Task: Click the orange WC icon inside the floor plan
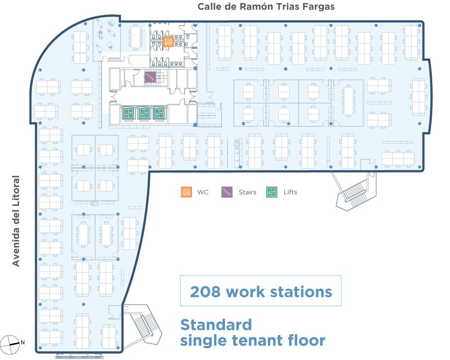point(168,41)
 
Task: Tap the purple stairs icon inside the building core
point(150,77)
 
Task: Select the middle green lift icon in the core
point(143,113)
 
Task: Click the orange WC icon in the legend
point(187,192)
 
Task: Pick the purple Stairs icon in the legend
point(227,192)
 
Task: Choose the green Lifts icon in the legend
point(272,192)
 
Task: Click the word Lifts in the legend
point(290,192)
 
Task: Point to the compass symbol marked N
point(10,343)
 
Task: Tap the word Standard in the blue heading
point(216,325)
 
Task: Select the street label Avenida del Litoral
point(16,221)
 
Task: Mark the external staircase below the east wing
point(355,191)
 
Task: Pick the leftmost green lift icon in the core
point(128,113)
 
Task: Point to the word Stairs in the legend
point(247,192)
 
